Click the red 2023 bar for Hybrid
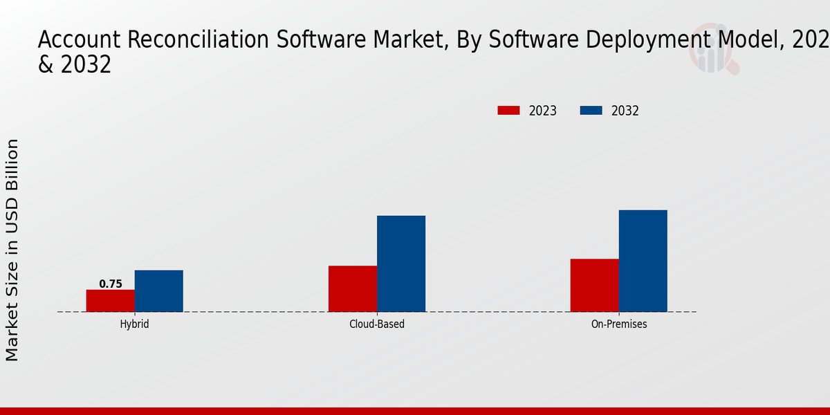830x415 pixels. [111, 301]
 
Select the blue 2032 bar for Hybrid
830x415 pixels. [159, 291]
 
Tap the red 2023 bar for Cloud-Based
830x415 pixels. [353, 288]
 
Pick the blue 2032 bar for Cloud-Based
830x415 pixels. [401, 264]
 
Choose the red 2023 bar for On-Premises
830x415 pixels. [595, 285]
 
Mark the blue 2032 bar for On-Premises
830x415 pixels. [643, 261]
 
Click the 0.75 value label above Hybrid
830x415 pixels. [111, 284]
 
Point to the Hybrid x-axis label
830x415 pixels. [134, 324]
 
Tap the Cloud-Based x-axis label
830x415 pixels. [377, 324]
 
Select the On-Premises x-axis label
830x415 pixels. [619, 324]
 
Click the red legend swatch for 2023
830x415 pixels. [508, 111]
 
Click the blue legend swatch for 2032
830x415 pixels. [591, 111]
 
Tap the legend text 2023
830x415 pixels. [543, 111]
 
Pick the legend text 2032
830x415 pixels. [625, 111]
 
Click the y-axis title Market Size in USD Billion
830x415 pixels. [12, 250]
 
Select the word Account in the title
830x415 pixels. [80, 40]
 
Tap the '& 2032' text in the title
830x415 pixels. [74, 64]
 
